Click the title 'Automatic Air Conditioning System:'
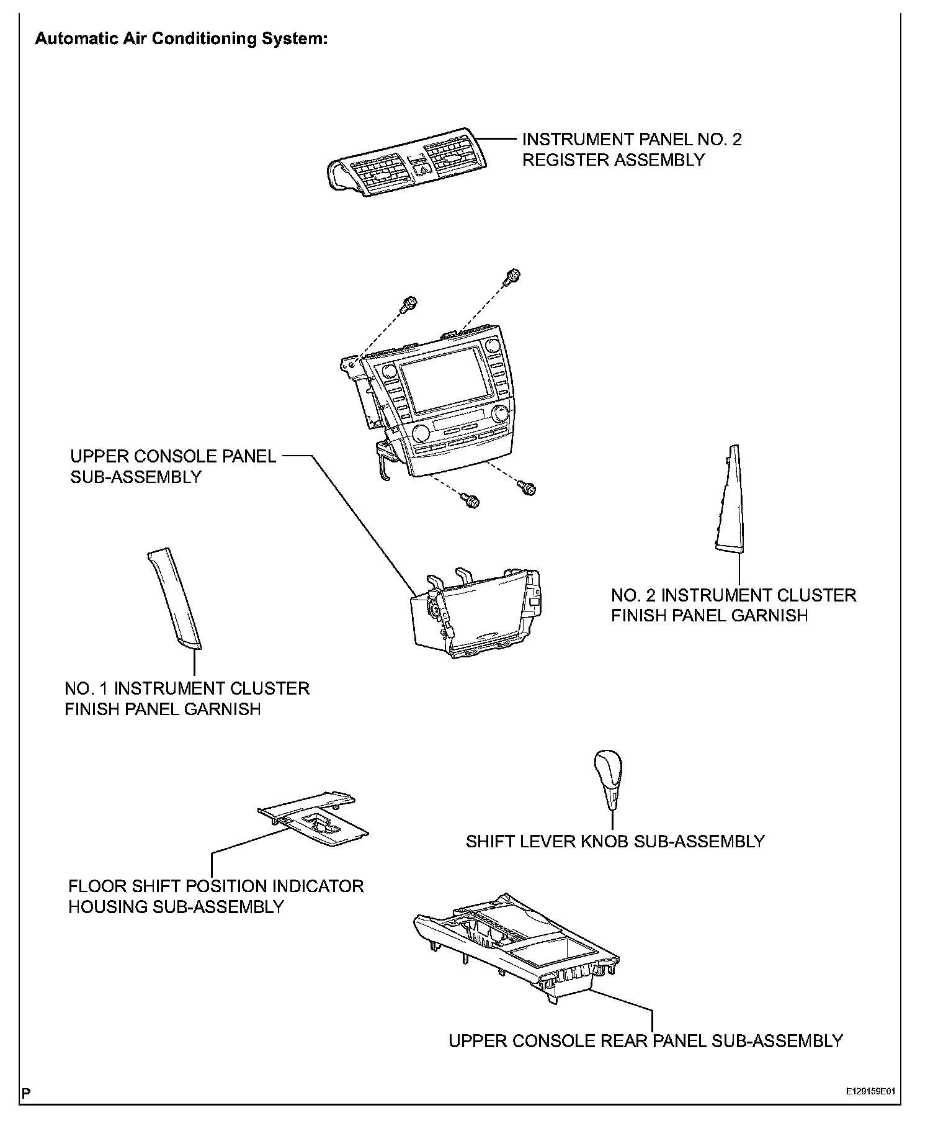click(181, 39)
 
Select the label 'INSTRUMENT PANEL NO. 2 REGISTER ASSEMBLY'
click(632, 150)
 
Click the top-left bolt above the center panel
click(409, 304)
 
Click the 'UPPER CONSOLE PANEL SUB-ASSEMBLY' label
click(173, 467)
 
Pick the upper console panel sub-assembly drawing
click(476, 613)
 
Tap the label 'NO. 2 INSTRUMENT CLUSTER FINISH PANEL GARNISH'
click(733, 605)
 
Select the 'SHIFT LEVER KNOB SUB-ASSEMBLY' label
click(615, 842)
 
